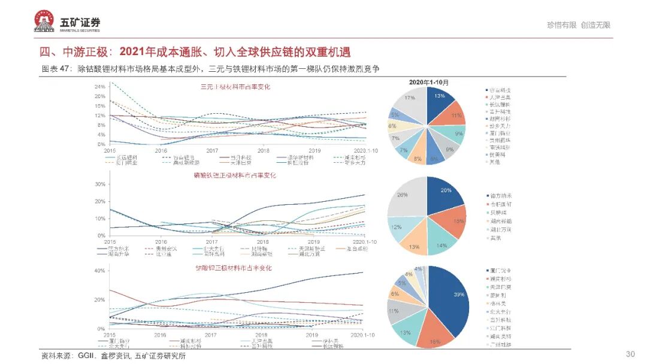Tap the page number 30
pos(630,354)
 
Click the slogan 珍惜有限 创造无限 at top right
pos(578,25)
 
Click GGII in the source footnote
pos(86,356)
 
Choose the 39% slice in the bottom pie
pos(452,299)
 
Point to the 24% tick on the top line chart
pos(99,87)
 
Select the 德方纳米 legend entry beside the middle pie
pos(500,196)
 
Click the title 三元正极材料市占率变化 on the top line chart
pos(235,87)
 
